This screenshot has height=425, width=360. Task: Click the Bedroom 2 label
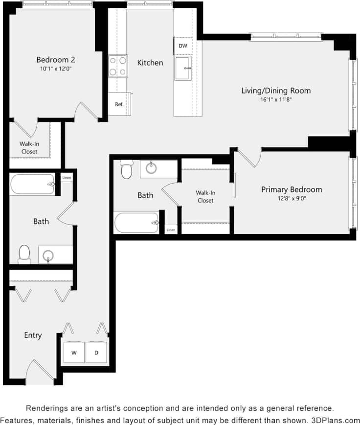point(56,60)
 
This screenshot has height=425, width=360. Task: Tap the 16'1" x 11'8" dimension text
point(276,99)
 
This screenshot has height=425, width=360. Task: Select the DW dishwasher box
point(183,46)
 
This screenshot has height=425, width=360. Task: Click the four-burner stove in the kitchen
point(118,66)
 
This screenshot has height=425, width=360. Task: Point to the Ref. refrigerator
point(119,104)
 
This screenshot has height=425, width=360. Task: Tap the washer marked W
point(74,352)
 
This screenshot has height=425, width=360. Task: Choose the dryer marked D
point(96,352)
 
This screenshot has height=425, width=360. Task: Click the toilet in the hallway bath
point(24,254)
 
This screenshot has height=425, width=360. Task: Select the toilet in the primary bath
point(127,169)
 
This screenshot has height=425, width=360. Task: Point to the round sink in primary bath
point(151,169)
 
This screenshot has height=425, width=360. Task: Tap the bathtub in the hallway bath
point(32,185)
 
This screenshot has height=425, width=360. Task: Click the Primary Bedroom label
point(292,189)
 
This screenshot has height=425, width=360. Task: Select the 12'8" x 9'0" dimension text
point(292,198)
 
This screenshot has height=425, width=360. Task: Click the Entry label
point(33,335)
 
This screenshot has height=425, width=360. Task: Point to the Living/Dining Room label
point(276,91)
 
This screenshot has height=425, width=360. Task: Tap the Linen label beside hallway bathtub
point(67,177)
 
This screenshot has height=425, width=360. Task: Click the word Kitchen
point(150,63)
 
